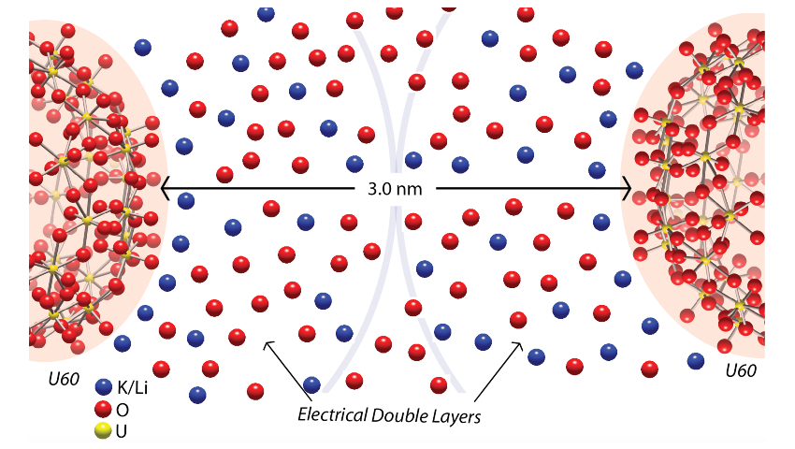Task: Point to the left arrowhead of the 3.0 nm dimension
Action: [x=164, y=188]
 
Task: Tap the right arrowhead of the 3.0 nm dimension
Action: [x=630, y=188]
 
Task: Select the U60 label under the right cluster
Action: [x=741, y=371]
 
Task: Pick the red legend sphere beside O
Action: [x=104, y=409]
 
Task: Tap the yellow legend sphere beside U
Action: [x=104, y=430]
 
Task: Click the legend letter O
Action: [x=122, y=410]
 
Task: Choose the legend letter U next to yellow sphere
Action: [x=121, y=431]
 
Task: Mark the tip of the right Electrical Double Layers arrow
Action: [x=521, y=342]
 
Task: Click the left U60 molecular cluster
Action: [x=84, y=187]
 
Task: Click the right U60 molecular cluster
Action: [x=701, y=187]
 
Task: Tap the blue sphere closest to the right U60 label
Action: [x=695, y=361]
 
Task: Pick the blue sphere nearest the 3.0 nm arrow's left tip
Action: [x=185, y=200]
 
